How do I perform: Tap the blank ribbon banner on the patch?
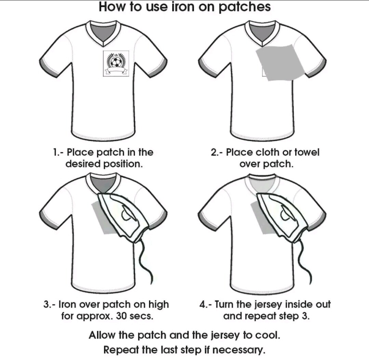click(x=116, y=70)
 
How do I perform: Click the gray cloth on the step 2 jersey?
click(x=279, y=63)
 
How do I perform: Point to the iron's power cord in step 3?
click(x=144, y=261)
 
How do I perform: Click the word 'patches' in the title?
click(x=244, y=7)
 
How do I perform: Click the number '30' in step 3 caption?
click(x=121, y=316)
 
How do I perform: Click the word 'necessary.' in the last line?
click(x=238, y=350)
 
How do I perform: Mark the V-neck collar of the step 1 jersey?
click(x=103, y=33)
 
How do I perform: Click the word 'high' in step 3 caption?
click(x=159, y=305)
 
